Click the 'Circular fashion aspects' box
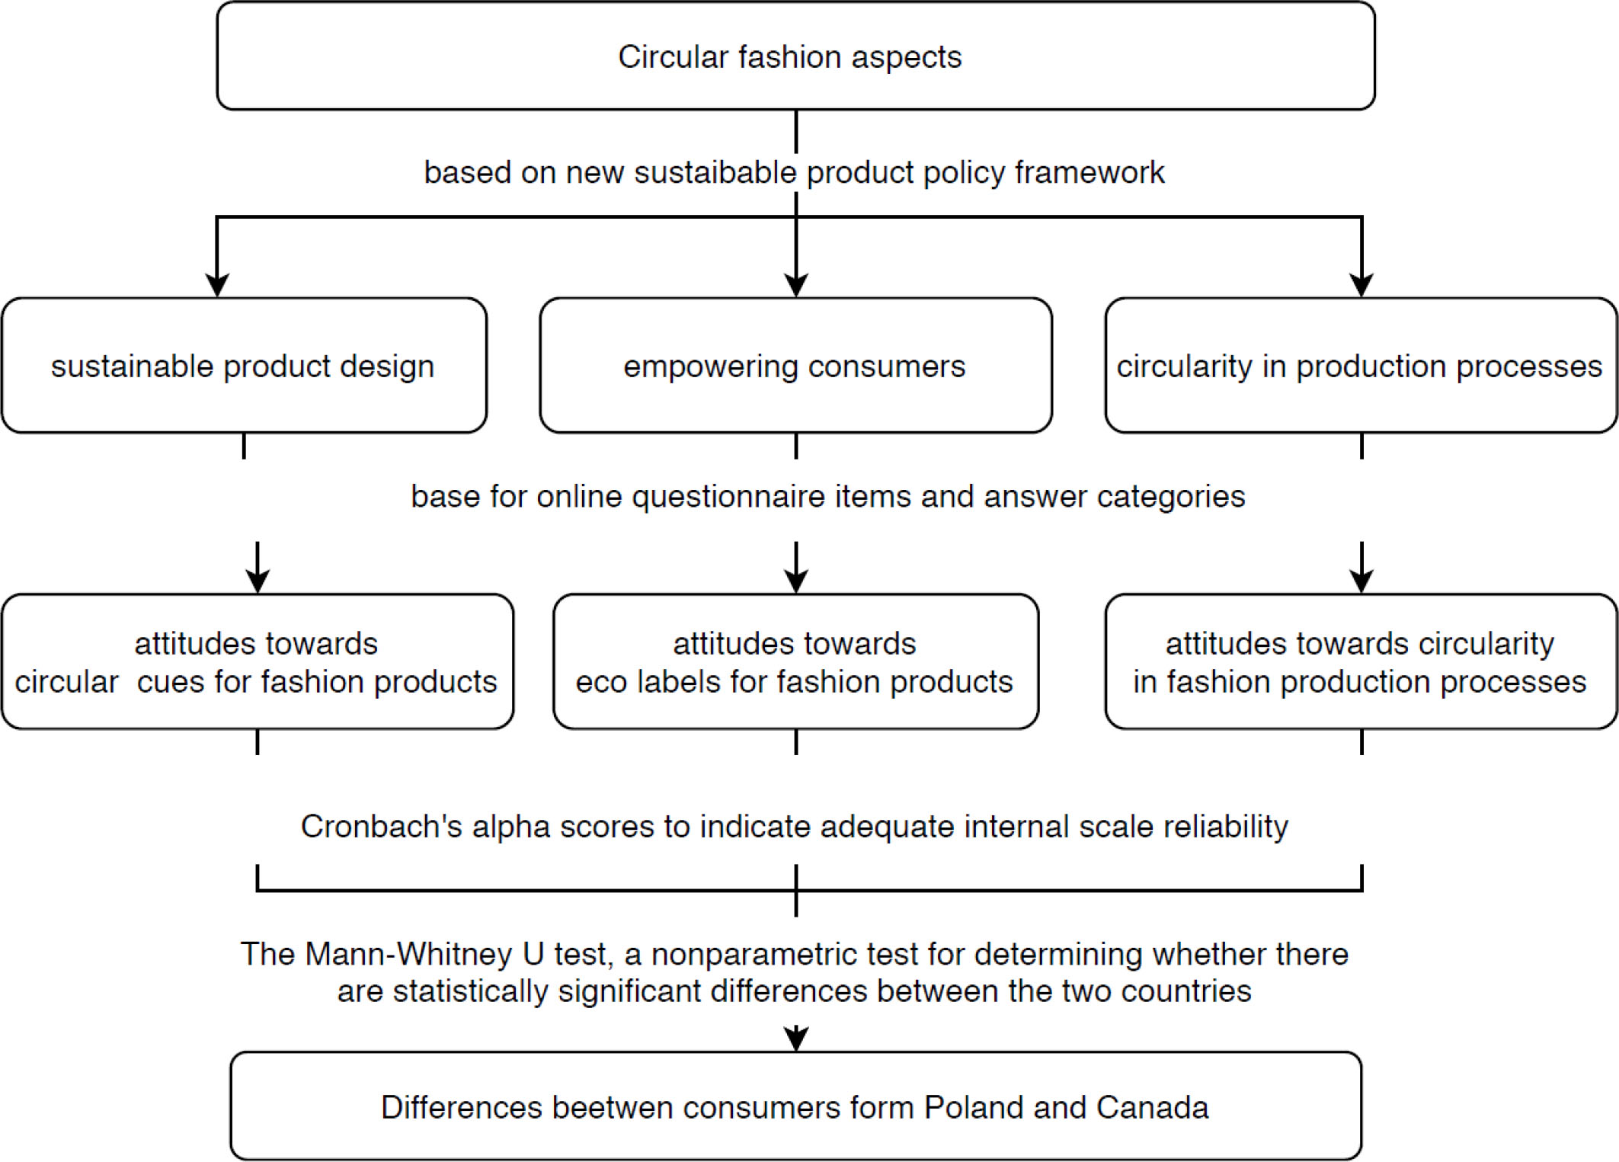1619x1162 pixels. click(795, 56)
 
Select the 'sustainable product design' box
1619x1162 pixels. click(244, 366)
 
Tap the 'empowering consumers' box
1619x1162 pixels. click(795, 366)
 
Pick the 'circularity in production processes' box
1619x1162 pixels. click(1361, 366)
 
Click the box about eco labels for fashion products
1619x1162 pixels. click(795, 661)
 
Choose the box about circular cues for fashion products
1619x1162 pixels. click(258, 661)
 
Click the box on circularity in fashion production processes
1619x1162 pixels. click(1361, 661)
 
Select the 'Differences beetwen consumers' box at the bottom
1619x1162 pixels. click(795, 1106)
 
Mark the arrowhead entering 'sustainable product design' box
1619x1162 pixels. click(218, 285)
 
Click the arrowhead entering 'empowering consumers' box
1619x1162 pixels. click(796, 285)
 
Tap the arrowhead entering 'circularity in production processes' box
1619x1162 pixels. click(1361, 285)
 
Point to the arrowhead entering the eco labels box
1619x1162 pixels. click(796, 581)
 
